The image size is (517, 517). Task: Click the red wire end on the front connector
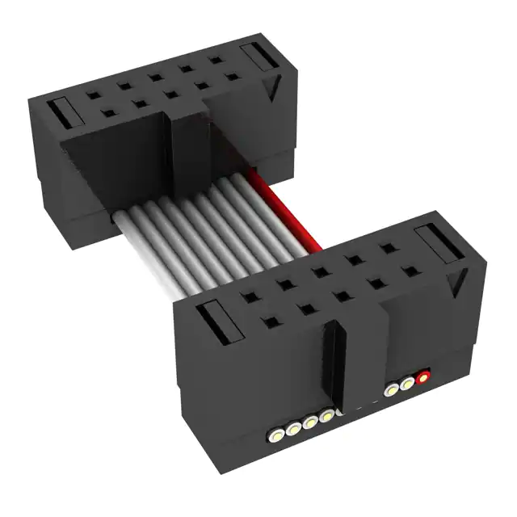pos(422,376)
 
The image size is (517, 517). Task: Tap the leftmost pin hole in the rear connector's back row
pos(94,94)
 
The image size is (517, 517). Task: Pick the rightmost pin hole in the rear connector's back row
pos(216,61)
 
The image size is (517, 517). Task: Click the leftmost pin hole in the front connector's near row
pos(267,322)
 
